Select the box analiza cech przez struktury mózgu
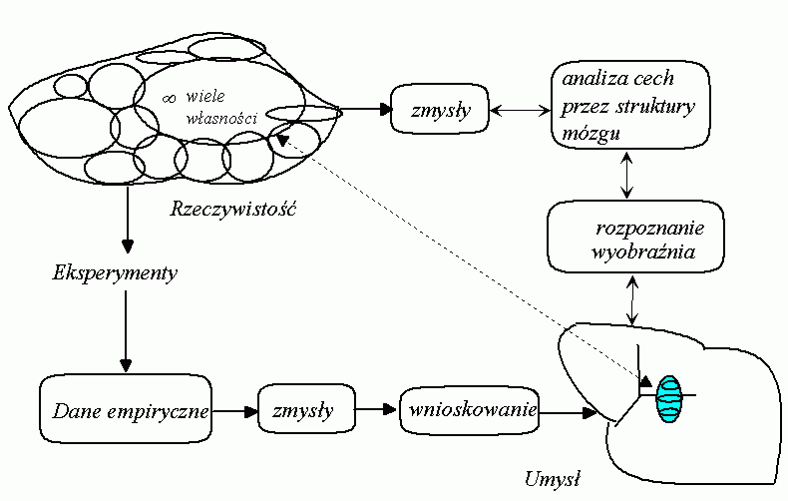tap(628, 105)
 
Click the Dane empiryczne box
tap(128, 410)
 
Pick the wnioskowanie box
tap(470, 409)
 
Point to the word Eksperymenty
tap(115, 272)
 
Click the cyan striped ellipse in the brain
tap(668, 398)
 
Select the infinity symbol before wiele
tap(171, 98)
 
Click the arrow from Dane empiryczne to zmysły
tap(235, 410)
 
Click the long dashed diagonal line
tap(459, 259)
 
